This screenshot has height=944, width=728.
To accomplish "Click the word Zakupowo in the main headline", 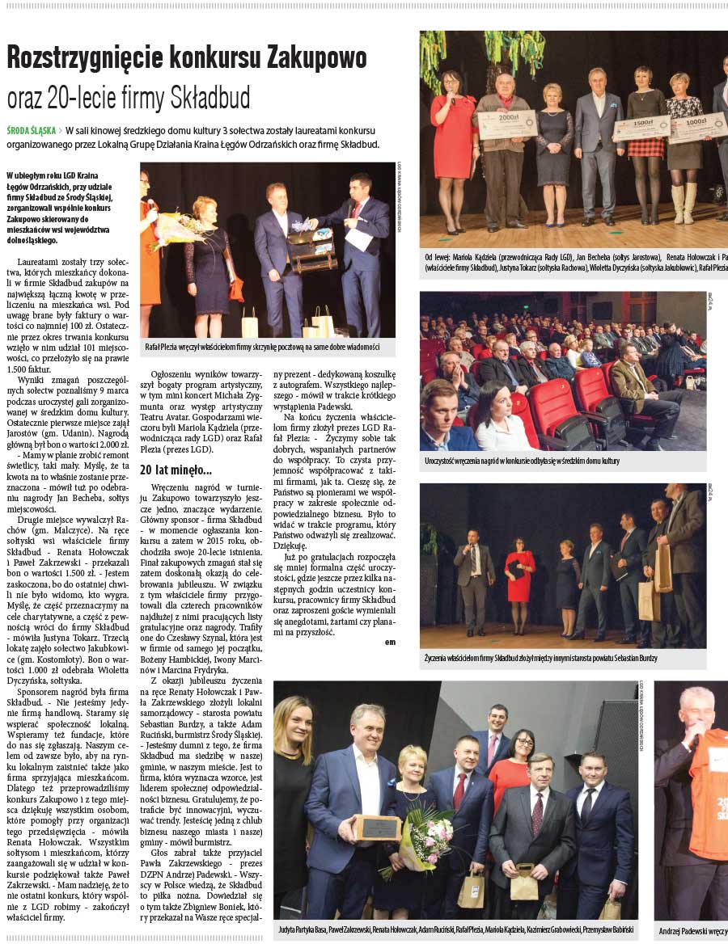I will point(314,57).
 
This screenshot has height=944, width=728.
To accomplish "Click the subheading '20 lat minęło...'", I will point(176,470).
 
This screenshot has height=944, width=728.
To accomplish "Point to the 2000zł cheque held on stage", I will point(506,124).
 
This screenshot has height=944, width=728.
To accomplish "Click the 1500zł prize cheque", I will point(641,127).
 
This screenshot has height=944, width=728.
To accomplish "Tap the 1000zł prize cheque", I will point(697,128).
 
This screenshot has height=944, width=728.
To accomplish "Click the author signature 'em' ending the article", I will point(391,641).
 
